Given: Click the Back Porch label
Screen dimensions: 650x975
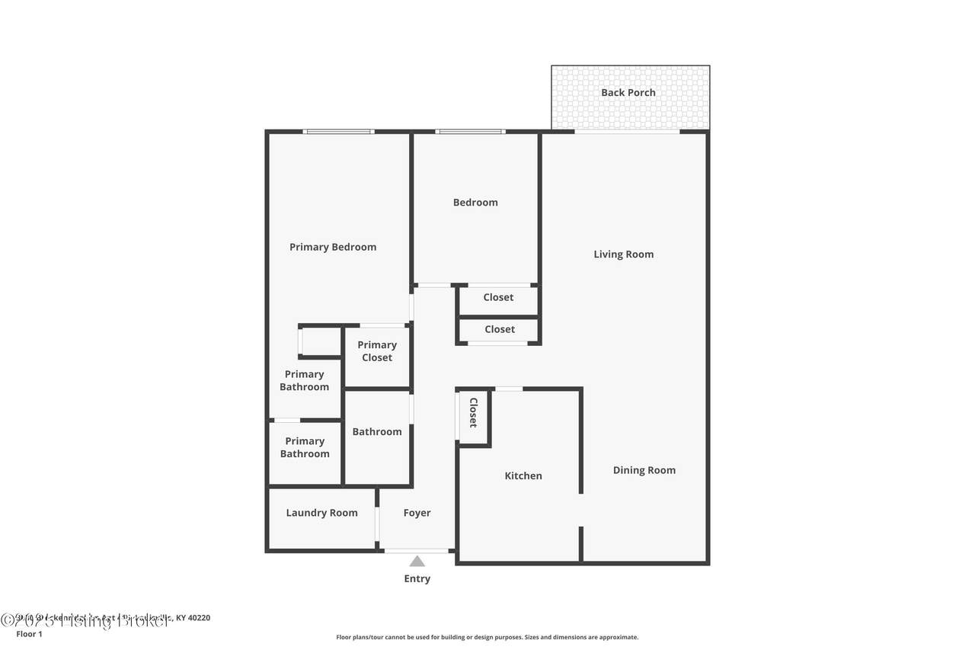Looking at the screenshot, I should point(628,93).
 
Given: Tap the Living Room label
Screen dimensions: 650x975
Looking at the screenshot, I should point(623,255).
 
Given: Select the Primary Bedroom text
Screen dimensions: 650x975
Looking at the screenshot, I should point(333,247).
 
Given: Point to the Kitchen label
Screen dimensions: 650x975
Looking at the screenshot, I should point(523,476).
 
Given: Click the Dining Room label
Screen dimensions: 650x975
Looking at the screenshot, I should point(644,470).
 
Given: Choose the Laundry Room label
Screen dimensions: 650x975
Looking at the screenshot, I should point(321,513).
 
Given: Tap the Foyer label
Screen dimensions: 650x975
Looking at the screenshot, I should point(417,513).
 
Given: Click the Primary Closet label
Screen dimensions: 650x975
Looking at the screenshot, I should point(377,351).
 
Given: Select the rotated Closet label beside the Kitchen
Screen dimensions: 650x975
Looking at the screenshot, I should point(473,412).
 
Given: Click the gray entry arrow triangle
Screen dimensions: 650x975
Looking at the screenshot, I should point(417,562).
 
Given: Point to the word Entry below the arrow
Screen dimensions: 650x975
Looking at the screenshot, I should point(417,579).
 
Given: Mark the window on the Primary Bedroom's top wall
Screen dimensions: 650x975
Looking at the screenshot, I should point(338,132).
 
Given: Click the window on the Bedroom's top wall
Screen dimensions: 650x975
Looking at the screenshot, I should point(470,132).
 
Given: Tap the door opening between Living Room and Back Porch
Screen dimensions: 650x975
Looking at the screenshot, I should point(627,132).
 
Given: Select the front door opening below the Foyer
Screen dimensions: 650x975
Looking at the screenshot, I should point(417,550).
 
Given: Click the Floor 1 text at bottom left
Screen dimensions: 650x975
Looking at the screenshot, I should point(29,633).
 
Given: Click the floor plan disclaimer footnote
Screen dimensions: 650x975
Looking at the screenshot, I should point(487,637).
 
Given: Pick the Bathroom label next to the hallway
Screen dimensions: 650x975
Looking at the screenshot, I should point(376,432).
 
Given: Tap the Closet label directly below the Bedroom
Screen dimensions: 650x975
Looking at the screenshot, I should point(498,297).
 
